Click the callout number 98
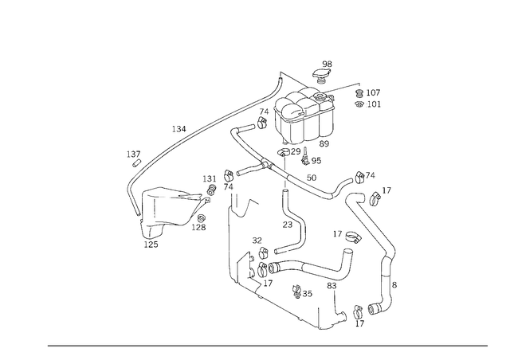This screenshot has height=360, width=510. [x=328, y=64]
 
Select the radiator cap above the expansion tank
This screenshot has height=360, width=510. [x=322, y=76]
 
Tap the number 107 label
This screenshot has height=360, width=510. [x=373, y=92]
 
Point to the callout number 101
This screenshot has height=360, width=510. [x=374, y=104]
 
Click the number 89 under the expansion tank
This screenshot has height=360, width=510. [x=324, y=143]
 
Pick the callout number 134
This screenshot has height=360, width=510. [x=178, y=129]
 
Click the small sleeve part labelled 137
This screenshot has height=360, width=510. [x=136, y=163]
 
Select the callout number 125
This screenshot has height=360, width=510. [x=151, y=245]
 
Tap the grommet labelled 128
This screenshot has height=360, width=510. [x=202, y=218]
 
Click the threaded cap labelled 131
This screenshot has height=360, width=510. [x=212, y=190]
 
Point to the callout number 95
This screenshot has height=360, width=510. [x=316, y=161]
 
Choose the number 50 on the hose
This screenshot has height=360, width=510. [x=312, y=178]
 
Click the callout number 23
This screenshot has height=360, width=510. [x=288, y=225]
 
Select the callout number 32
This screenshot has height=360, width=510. [x=257, y=241]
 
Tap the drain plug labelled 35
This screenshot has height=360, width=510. [x=297, y=291]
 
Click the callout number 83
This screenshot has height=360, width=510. [x=331, y=286]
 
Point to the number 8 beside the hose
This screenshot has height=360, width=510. [x=394, y=285]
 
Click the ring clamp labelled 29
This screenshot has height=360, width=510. [x=284, y=151]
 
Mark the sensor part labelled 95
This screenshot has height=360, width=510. [x=305, y=156]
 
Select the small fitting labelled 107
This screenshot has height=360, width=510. [x=359, y=93]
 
